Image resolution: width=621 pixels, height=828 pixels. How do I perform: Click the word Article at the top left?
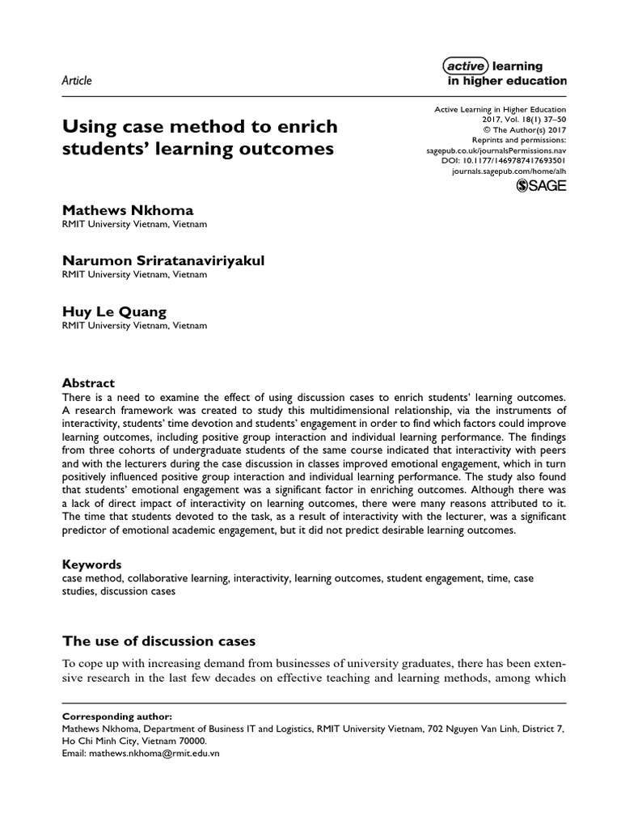point(77,80)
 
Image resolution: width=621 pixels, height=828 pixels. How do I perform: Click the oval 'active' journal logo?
point(467,66)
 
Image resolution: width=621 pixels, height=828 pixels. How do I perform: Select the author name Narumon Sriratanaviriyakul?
point(163,260)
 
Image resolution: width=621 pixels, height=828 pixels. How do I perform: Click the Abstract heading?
point(89,382)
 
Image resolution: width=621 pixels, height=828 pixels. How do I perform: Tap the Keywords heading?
point(92,564)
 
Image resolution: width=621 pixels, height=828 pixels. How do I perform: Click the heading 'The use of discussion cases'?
point(158,641)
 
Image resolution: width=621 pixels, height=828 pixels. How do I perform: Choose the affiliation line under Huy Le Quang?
point(134,326)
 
